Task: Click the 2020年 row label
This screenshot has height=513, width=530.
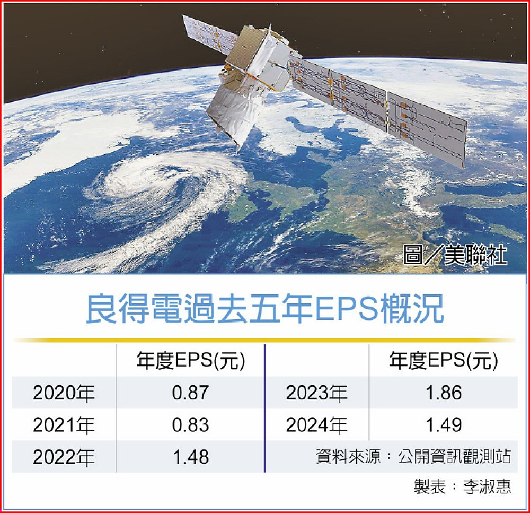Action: (64, 393)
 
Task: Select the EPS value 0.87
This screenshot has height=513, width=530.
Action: (190, 393)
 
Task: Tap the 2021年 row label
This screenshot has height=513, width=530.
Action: (64, 425)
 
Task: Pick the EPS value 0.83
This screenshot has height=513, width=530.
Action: (190, 425)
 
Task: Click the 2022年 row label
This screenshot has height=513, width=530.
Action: (64, 457)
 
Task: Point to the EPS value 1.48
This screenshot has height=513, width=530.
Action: (191, 457)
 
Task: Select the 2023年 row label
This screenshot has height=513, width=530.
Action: (317, 393)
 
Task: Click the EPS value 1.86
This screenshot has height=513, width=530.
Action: (444, 393)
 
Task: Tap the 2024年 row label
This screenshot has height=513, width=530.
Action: (317, 425)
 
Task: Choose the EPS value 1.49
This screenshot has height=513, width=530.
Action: (444, 425)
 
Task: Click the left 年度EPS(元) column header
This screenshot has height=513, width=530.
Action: (191, 361)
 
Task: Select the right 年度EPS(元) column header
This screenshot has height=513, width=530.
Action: (444, 361)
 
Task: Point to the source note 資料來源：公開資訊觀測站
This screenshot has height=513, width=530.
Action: (413, 456)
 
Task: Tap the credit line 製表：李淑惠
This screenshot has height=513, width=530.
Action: (463, 486)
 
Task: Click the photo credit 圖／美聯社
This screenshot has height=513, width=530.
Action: (455, 255)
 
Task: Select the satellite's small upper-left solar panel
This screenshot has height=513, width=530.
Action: (209, 33)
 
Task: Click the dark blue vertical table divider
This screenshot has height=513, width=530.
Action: (265, 408)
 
